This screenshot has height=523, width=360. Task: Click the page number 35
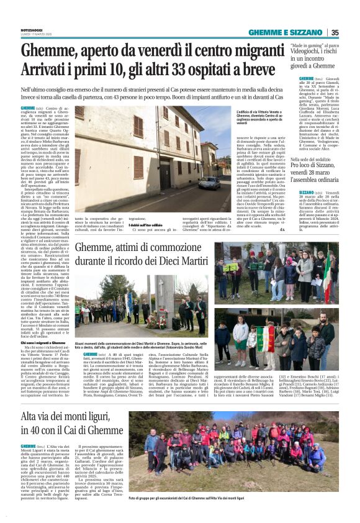(335, 33)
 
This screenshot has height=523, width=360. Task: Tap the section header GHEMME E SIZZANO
(286, 33)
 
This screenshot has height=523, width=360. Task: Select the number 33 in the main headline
(164, 69)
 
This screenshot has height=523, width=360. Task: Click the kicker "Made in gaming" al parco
(317, 45)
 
